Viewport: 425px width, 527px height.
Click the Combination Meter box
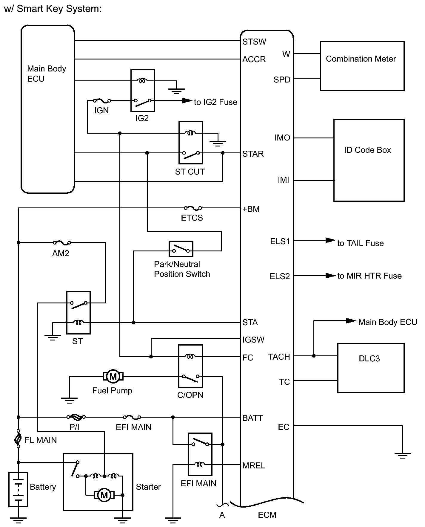pos(362,66)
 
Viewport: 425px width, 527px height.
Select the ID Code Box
pos(369,160)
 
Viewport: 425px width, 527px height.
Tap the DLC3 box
pos(371,368)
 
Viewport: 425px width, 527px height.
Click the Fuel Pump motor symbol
pos(113,376)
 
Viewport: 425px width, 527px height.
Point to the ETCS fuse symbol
pos(193,208)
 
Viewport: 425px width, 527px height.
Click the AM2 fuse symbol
pos(62,243)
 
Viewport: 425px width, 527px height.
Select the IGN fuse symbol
pos(102,101)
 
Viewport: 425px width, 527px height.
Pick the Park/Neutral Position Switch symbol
pos(181,249)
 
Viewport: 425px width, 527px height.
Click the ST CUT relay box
pos(191,143)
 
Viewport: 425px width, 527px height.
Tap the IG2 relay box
pos(142,90)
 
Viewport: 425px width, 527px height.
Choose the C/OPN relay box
pos(190,366)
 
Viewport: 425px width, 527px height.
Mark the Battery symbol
pos(18,489)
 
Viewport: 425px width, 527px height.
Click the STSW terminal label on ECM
pos(254,42)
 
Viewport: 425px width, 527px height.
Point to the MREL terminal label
pos(254,465)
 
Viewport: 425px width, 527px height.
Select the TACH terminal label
pos(279,357)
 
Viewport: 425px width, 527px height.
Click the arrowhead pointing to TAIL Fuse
pos(330,240)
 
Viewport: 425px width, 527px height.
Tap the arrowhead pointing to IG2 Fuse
pos(187,101)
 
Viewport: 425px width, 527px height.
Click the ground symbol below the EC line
pos(402,456)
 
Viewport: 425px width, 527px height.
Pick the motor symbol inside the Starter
pos(104,495)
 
